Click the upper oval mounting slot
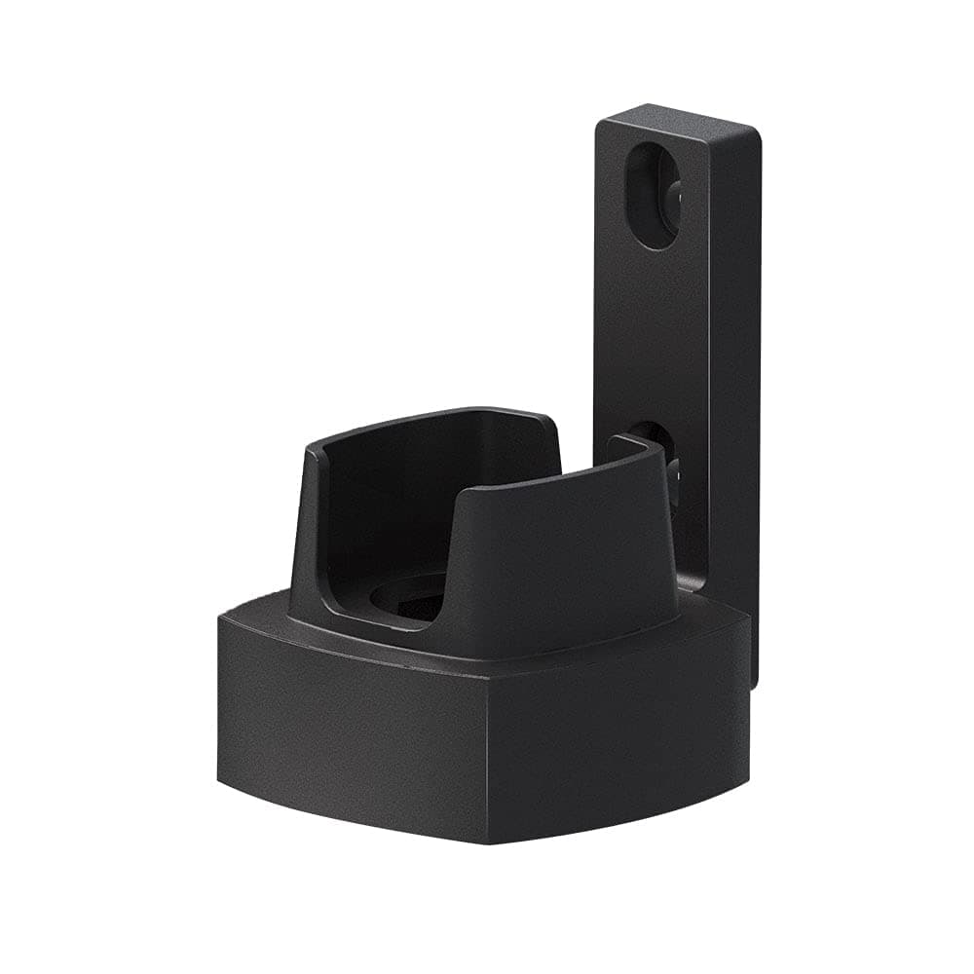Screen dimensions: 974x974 tap(651, 195)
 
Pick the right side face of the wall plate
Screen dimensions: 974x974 tap(744, 390)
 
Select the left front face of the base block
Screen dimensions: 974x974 tap(351, 721)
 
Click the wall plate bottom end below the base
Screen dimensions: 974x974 tap(754, 672)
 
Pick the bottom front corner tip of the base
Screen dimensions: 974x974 tap(486, 840)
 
